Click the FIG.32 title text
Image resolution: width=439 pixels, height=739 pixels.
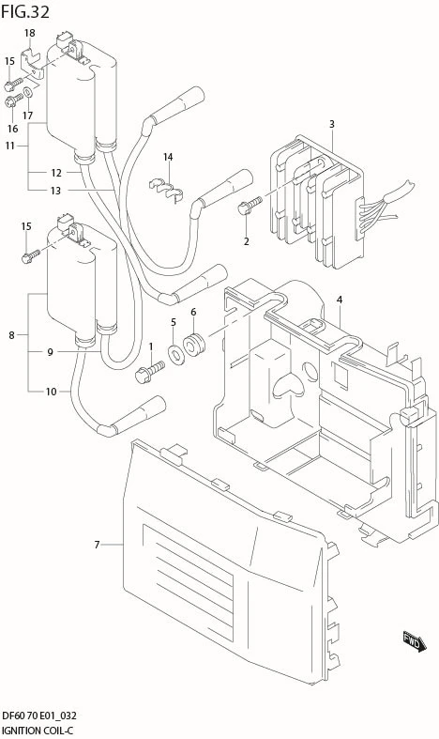[x=25, y=12]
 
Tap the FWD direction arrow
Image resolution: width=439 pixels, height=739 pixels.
[x=415, y=641]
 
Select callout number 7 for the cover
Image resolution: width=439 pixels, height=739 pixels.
[x=97, y=545]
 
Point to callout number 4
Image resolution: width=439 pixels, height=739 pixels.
[x=340, y=300]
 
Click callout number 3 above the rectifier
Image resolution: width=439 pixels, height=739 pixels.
[x=332, y=124]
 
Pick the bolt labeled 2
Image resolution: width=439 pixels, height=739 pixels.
[x=250, y=206]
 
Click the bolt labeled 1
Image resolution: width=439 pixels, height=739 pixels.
[x=149, y=372]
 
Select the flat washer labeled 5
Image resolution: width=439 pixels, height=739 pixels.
[x=176, y=353]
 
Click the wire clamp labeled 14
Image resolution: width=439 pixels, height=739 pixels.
[x=166, y=188]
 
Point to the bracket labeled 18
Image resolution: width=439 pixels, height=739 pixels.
[x=33, y=63]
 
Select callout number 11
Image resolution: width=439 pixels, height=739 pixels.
[x=10, y=146]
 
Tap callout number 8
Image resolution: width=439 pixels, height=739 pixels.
[x=11, y=335]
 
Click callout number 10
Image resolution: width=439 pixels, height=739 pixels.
[x=51, y=392]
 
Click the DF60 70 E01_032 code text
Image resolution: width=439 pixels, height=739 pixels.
[x=39, y=716]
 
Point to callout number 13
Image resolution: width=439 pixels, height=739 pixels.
[x=55, y=191]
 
